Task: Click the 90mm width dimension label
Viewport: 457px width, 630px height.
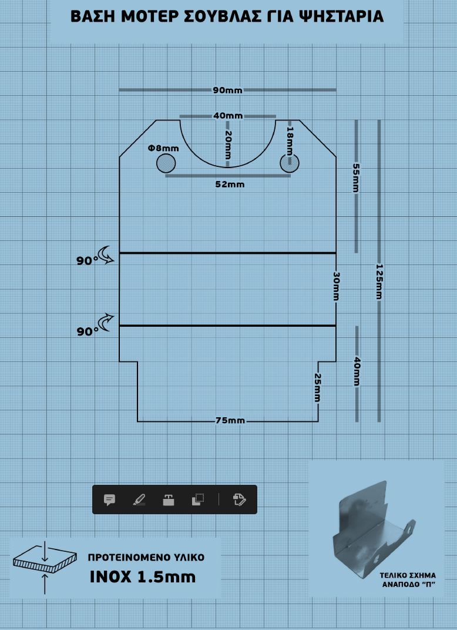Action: click(228, 91)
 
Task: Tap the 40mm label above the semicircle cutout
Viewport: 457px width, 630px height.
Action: click(228, 116)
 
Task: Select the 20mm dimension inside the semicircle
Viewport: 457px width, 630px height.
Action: click(228, 145)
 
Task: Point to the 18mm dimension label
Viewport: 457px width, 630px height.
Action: click(290, 140)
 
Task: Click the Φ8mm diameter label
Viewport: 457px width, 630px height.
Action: click(163, 148)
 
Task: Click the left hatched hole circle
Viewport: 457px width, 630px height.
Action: click(166, 163)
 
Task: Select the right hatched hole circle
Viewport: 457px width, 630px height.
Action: click(289, 163)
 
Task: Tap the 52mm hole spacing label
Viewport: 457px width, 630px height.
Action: click(230, 185)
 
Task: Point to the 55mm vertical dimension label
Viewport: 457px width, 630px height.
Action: click(356, 177)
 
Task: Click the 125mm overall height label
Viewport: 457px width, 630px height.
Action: click(379, 282)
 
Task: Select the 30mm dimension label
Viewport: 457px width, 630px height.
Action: click(337, 286)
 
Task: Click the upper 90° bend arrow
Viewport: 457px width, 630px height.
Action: click(106, 254)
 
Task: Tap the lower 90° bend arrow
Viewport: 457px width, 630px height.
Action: click(106, 322)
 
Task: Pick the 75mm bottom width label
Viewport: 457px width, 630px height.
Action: click(230, 421)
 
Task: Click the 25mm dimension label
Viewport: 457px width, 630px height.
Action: click(317, 388)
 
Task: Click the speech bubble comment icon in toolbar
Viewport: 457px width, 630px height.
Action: click(109, 500)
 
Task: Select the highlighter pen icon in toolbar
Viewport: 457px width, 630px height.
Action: click(139, 500)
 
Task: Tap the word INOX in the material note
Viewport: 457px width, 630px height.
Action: click(111, 577)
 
